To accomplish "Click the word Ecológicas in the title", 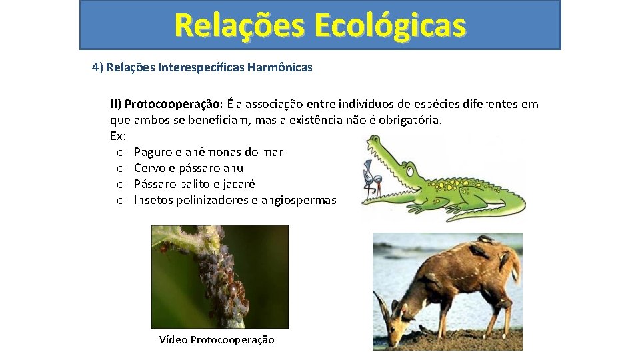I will (390, 25).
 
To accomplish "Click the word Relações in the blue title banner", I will (239, 25).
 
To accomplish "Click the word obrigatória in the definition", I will (408, 120).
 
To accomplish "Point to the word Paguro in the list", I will (152, 152).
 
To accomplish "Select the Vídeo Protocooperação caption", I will (217, 340).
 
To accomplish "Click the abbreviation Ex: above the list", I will (117, 136).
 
